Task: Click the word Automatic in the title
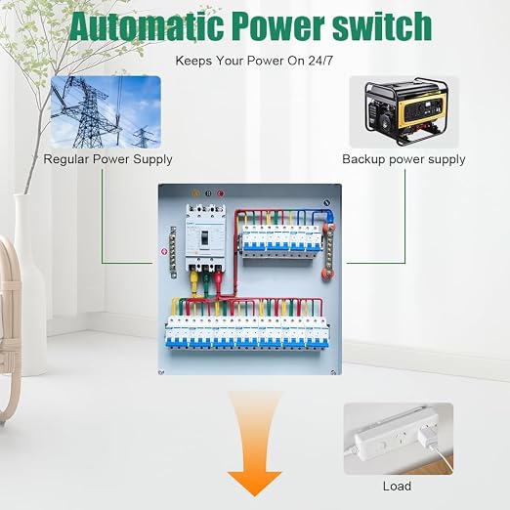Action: coord(147,26)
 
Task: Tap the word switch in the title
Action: coord(382,25)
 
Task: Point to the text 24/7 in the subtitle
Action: coord(320,61)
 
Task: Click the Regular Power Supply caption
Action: coord(107,159)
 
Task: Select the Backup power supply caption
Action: coord(404,159)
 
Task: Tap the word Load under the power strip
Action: coord(397,487)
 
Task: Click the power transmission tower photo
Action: coord(106,111)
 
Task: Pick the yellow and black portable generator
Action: coord(404,111)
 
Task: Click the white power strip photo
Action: coord(399,439)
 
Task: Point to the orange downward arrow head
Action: coord(254,484)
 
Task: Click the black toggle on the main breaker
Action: coord(204,238)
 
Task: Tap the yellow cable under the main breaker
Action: coord(193,281)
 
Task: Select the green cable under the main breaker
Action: coord(206,281)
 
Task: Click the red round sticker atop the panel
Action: coord(220,193)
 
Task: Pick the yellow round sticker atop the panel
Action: coord(195,193)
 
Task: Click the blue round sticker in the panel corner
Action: coord(327,203)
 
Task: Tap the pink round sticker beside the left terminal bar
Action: coord(164,251)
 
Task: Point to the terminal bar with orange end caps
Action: coord(328,251)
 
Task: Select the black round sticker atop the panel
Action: coord(208,193)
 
